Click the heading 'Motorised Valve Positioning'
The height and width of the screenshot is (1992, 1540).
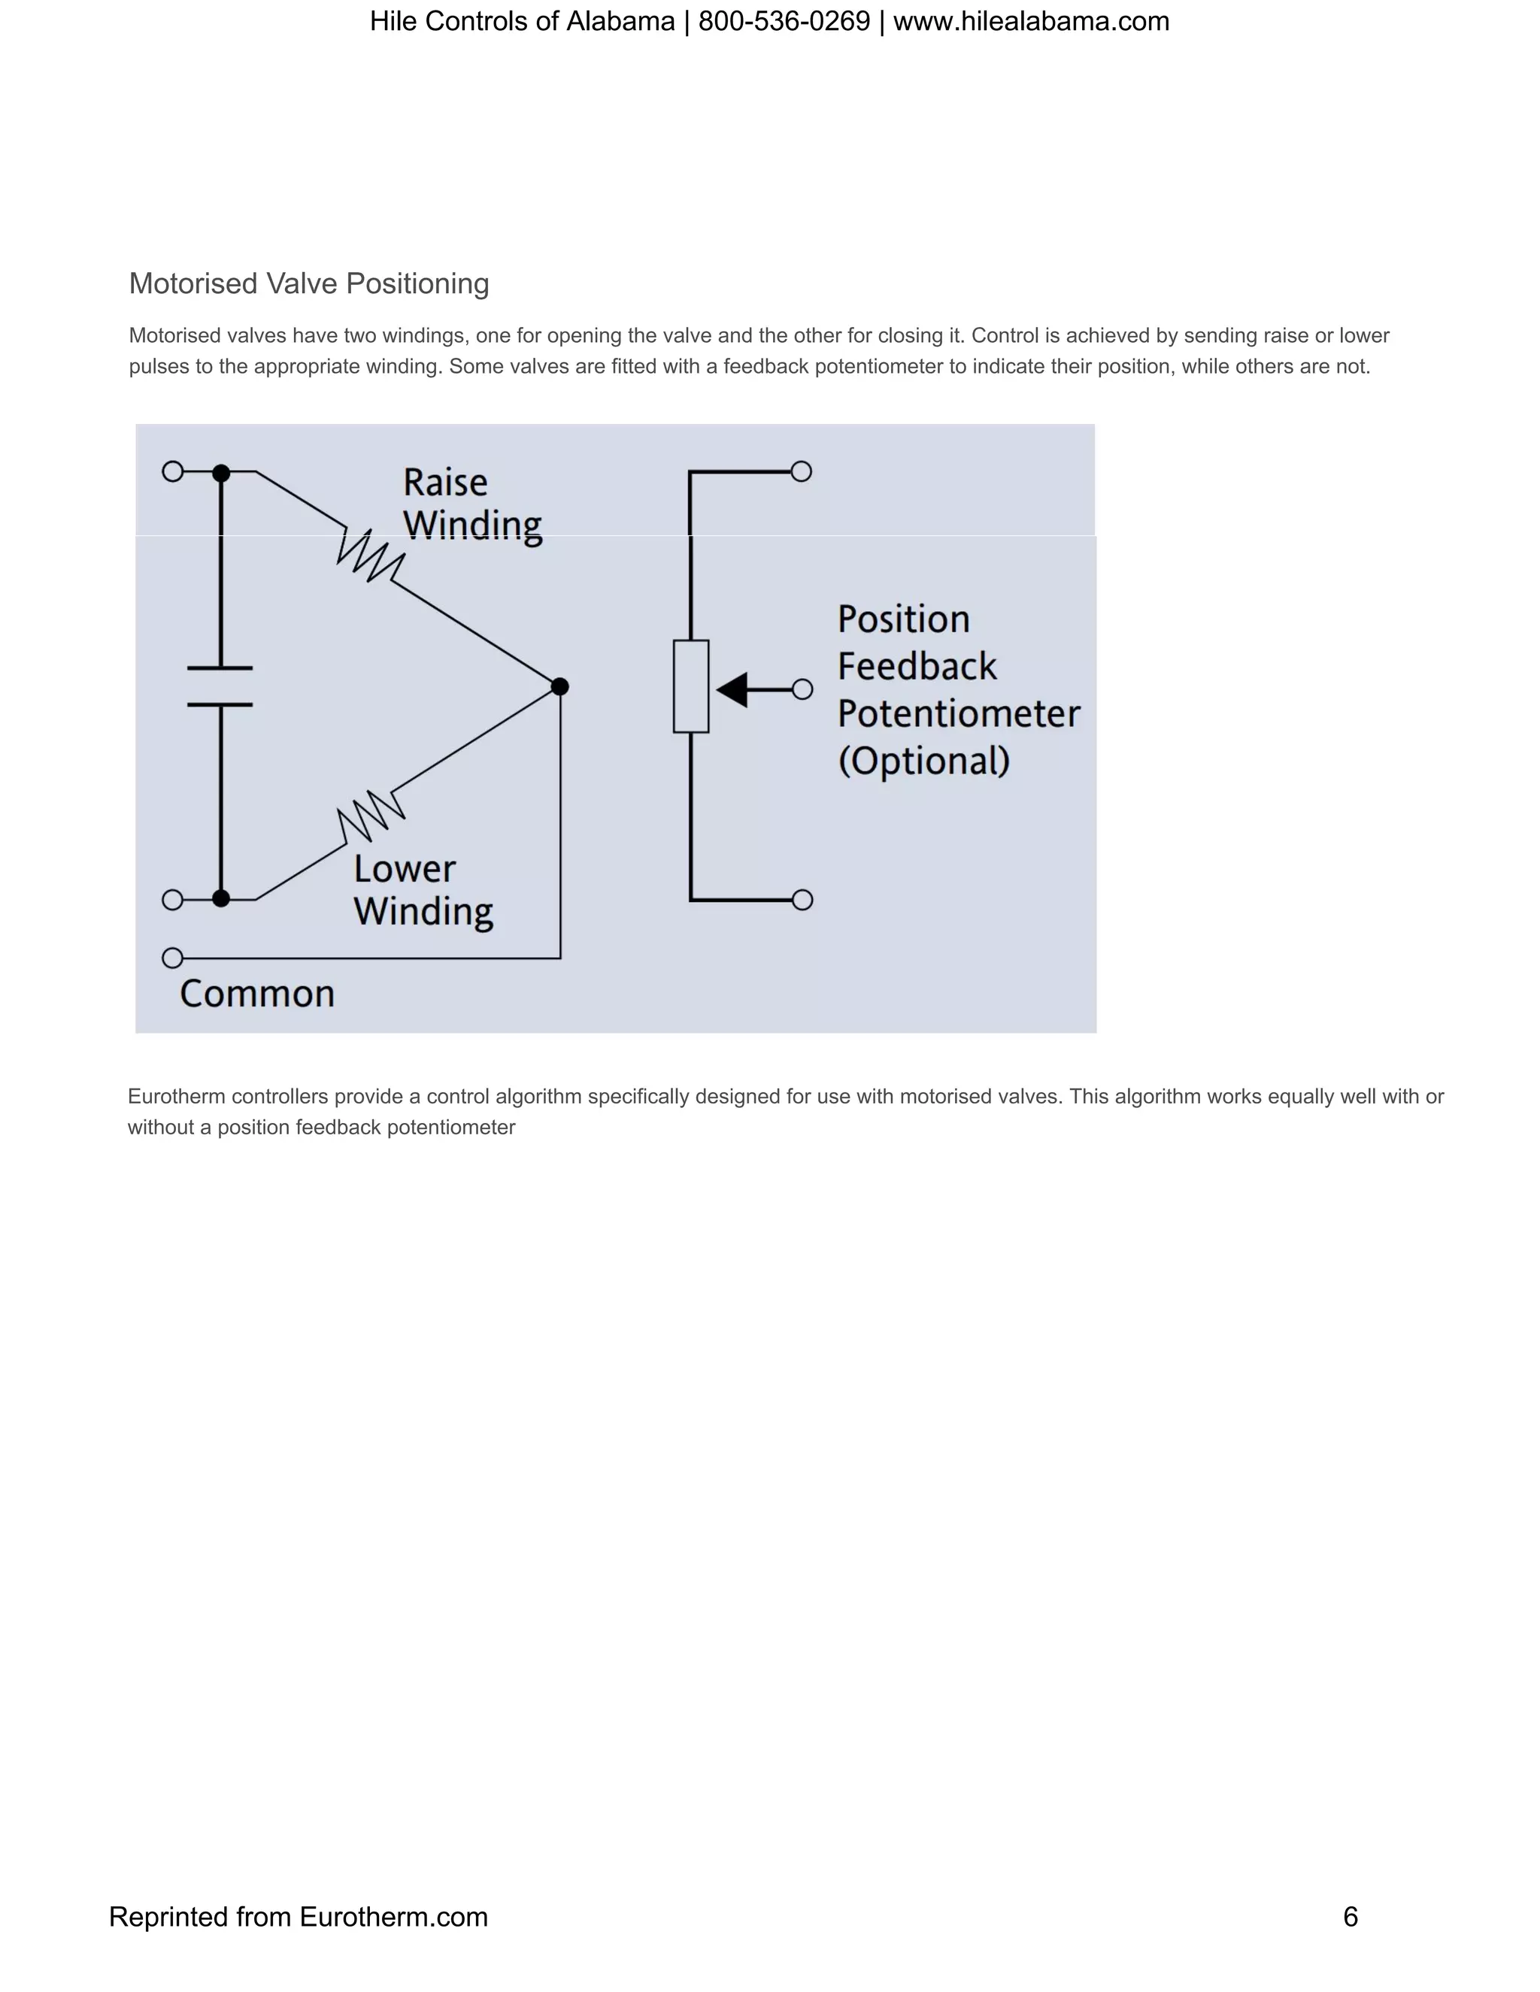coord(308,283)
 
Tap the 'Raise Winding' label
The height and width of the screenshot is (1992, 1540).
coord(471,504)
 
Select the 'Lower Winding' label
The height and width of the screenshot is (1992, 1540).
coord(423,890)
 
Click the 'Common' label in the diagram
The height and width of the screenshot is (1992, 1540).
coord(257,993)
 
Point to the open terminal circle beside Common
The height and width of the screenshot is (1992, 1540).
coord(172,958)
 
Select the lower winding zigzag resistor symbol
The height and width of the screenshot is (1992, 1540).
coord(371,815)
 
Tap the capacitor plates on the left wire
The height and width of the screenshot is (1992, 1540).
coord(220,686)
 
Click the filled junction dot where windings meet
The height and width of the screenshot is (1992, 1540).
coord(560,686)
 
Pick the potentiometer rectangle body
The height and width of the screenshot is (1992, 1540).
coord(690,686)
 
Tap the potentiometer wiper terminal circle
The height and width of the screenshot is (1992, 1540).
coord(802,689)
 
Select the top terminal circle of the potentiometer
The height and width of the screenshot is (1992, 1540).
coord(801,471)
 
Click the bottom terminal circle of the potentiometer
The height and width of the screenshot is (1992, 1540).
coord(802,901)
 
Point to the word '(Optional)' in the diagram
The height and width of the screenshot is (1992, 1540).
coord(923,761)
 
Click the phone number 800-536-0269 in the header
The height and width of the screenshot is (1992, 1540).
coord(784,21)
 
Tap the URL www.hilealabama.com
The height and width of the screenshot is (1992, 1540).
coord(1031,21)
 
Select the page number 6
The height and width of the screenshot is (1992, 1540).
coord(1351,1916)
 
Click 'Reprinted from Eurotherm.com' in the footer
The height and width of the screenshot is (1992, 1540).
coord(299,1916)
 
